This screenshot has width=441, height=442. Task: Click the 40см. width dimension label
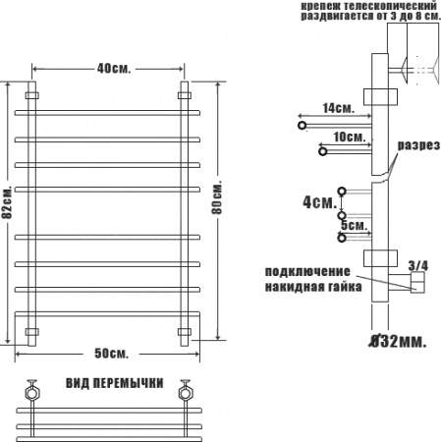point(114,69)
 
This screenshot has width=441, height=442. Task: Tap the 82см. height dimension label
point(7,202)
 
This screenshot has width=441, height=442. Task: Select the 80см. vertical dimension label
point(217,197)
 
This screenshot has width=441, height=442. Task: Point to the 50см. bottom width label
point(111,354)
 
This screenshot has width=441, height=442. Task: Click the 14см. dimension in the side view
point(339,108)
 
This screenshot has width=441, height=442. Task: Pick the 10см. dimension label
point(350,137)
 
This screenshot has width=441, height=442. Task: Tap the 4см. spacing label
point(319,202)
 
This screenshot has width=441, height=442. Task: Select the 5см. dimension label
point(354,225)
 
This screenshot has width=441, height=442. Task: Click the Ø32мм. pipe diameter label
point(398,342)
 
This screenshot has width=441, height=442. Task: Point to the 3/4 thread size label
point(418,265)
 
